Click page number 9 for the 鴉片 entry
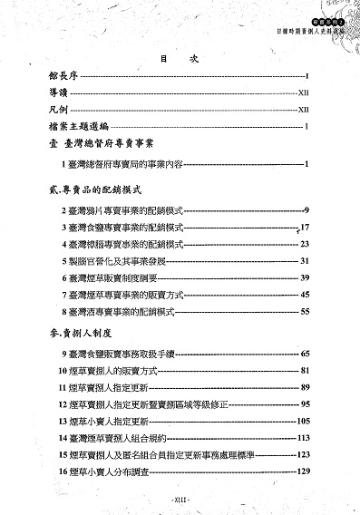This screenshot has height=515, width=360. (307, 209)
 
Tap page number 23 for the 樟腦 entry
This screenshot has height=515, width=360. (306, 244)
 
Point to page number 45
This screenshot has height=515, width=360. (306, 296)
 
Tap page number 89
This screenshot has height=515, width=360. (306, 387)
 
